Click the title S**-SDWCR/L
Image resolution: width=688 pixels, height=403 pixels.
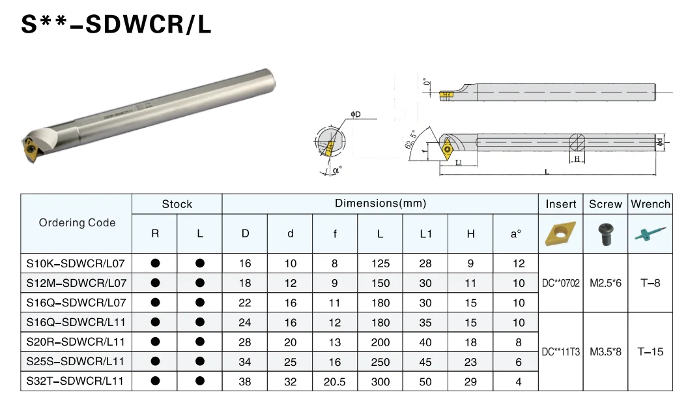pyautogui.click(x=117, y=25)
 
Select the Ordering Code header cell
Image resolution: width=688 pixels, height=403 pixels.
pyautogui.click(x=77, y=223)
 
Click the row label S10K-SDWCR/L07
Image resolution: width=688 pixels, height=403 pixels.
pyautogui.click(x=76, y=263)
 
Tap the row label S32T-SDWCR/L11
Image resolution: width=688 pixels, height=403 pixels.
pyautogui.click(x=76, y=381)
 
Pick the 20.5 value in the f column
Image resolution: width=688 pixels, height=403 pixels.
pyautogui.click(x=335, y=381)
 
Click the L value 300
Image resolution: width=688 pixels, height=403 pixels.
pyautogui.click(x=380, y=381)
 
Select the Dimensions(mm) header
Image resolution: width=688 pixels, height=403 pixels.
pyautogui.click(x=380, y=203)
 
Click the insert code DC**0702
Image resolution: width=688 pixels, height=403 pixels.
pyautogui.click(x=560, y=283)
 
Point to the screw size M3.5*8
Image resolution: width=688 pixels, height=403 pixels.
pyautogui.click(x=605, y=351)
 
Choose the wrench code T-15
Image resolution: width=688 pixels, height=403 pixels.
pyautogui.click(x=650, y=351)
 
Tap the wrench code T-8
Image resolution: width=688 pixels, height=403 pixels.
pyautogui.click(x=650, y=283)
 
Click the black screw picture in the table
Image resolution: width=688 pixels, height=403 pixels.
pyautogui.click(x=605, y=234)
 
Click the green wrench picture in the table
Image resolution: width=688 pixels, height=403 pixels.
pyautogui.click(x=650, y=234)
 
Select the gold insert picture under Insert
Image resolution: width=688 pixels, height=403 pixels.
pyautogui.click(x=560, y=233)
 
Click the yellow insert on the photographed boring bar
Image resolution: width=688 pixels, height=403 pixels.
pyautogui.click(x=30, y=148)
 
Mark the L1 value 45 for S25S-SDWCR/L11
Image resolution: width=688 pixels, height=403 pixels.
pyautogui.click(x=425, y=362)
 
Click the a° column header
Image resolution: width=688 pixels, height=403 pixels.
pyautogui.click(x=515, y=233)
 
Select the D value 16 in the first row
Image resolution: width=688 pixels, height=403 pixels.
pyautogui.click(x=245, y=263)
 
